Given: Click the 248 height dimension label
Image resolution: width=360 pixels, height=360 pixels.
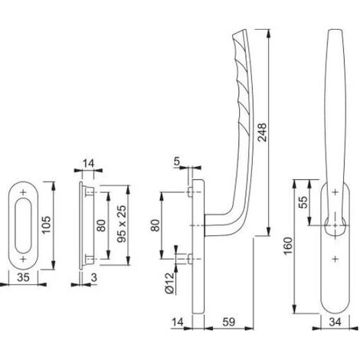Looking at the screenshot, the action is [x=262, y=132].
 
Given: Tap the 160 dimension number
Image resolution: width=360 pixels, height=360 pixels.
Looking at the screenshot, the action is [x=288, y=246].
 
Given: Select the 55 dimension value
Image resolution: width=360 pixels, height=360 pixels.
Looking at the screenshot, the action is [x=303, y=202].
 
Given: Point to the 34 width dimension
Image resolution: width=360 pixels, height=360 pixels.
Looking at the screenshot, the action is [x=335, y=322].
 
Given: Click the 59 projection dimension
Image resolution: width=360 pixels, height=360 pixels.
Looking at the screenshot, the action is [x=228, y=322].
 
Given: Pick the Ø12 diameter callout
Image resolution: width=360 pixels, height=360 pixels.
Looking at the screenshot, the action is [x=169, y=283].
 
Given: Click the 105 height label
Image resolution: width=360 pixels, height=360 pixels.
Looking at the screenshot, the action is [x=47, y=225].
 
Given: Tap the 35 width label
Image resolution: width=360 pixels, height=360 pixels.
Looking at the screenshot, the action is [x=23, y=277].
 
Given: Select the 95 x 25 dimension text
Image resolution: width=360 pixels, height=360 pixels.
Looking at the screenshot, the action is [x=122, y=224].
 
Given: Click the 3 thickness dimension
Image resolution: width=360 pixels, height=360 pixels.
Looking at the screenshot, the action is [x=94, y=277].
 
